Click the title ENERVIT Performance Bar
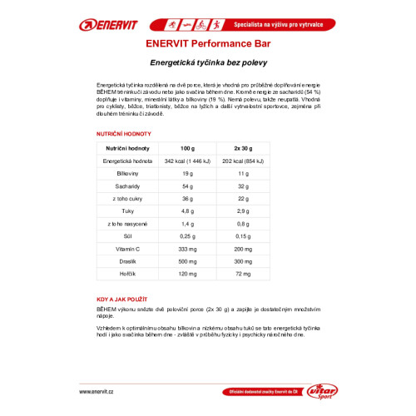pos(207,47)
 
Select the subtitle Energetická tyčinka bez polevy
pos(207,63)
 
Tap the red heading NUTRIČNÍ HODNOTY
pos(124,134)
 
